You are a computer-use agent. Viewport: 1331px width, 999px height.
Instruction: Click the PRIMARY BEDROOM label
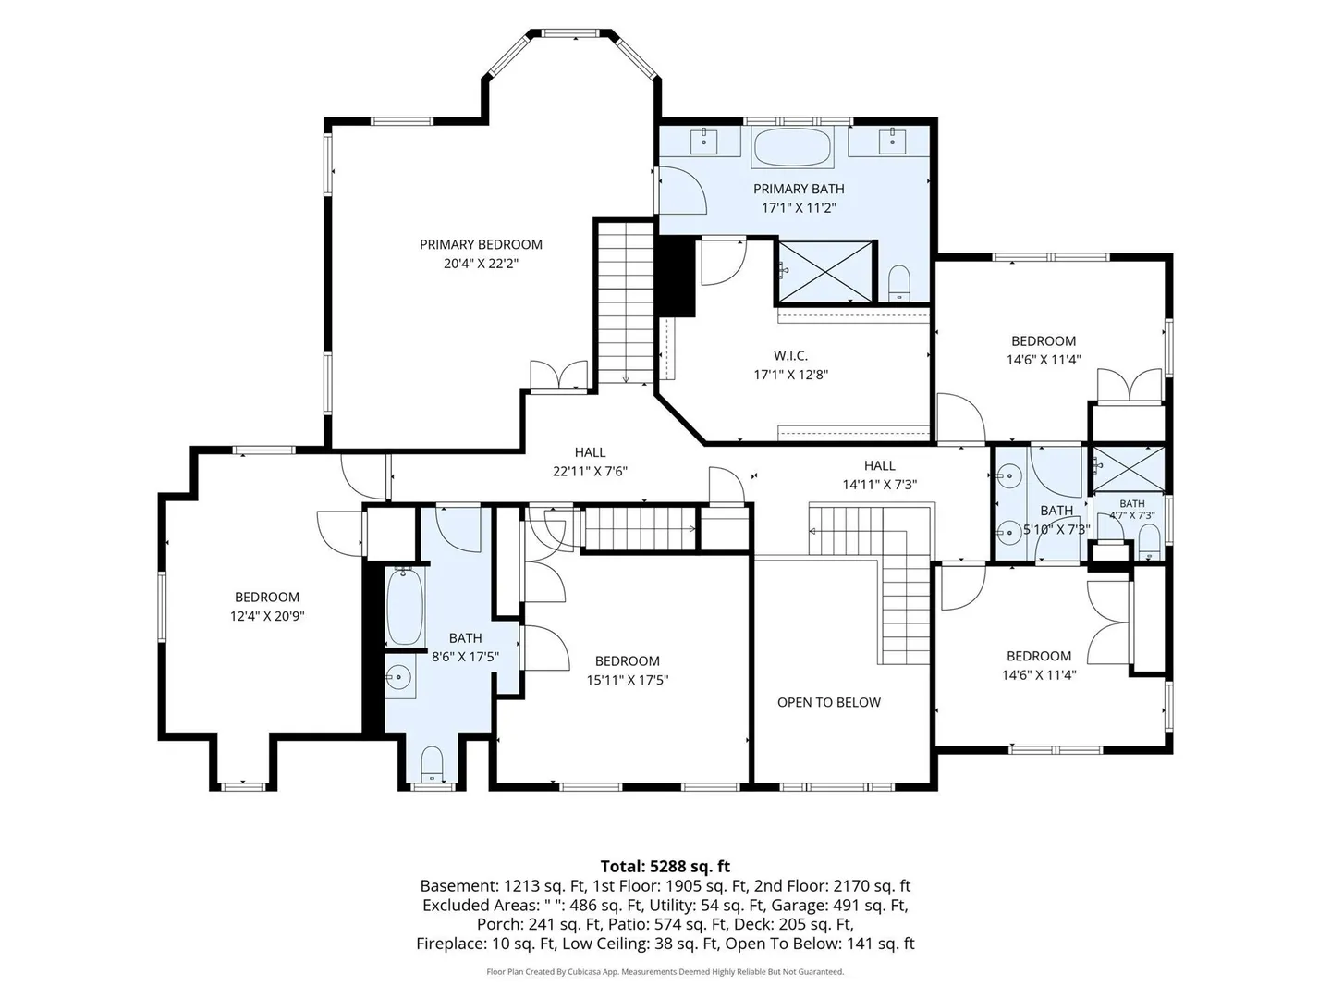(481, 244)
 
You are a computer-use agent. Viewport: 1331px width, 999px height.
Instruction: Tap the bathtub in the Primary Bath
(792, 146)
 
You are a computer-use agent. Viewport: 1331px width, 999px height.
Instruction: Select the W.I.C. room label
(790, 356)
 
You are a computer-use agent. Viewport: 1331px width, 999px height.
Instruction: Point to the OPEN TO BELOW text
(828, 702)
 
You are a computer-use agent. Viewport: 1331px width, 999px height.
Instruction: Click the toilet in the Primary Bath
(898, 284)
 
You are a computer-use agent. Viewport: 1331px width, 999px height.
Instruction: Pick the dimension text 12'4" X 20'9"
(267, 616)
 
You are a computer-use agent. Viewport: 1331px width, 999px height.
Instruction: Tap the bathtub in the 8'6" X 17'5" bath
(405, 605)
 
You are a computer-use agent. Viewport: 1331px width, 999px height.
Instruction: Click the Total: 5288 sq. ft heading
(665, 866)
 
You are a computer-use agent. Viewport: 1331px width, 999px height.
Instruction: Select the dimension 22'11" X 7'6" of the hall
(590, 472)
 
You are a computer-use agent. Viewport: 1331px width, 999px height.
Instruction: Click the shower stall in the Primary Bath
(824, 270)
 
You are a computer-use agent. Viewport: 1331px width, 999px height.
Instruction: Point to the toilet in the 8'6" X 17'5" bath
(432, 765)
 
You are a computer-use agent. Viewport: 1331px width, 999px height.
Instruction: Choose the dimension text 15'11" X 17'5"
(627, 680)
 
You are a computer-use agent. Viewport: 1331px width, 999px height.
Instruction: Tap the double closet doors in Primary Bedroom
(558, 376)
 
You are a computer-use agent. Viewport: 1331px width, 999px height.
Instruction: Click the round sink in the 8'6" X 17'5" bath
(398, 677)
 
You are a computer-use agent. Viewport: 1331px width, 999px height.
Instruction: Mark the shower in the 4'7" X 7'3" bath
(1128, 469)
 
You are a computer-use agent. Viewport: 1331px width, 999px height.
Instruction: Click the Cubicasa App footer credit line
(665, 971)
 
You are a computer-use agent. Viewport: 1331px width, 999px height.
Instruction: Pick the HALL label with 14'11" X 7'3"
(879, 466)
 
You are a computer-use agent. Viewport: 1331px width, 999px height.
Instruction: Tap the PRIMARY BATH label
(799, 190)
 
